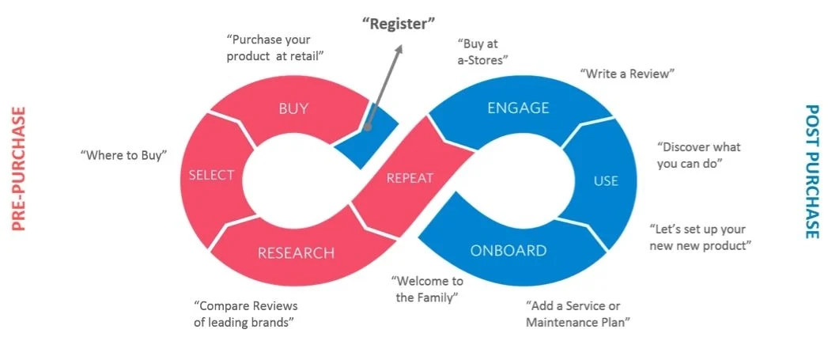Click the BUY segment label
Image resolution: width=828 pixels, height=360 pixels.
[293, 109]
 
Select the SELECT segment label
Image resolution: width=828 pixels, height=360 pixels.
[211, 176]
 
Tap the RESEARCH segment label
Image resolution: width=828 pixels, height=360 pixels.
[296, 252]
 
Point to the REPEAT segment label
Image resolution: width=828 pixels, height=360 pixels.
[410, 178]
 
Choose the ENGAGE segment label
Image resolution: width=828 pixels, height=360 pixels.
[518, 108]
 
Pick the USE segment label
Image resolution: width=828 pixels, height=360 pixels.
[606, 181]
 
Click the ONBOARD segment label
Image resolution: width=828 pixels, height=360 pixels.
[508, 251]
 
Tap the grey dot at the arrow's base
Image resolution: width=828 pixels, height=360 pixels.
[368, 127]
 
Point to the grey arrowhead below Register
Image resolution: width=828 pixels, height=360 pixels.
[398, 49]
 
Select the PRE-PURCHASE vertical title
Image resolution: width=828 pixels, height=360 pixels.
[19, 169]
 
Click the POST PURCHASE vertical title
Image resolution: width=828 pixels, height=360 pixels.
[811, 171]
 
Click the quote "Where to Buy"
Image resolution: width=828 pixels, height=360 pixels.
[123, 155]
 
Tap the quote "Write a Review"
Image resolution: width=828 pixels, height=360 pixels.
[627, 74]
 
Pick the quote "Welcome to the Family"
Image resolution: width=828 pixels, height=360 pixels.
[426, 289]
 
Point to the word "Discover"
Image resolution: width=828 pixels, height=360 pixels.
[686, 147]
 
